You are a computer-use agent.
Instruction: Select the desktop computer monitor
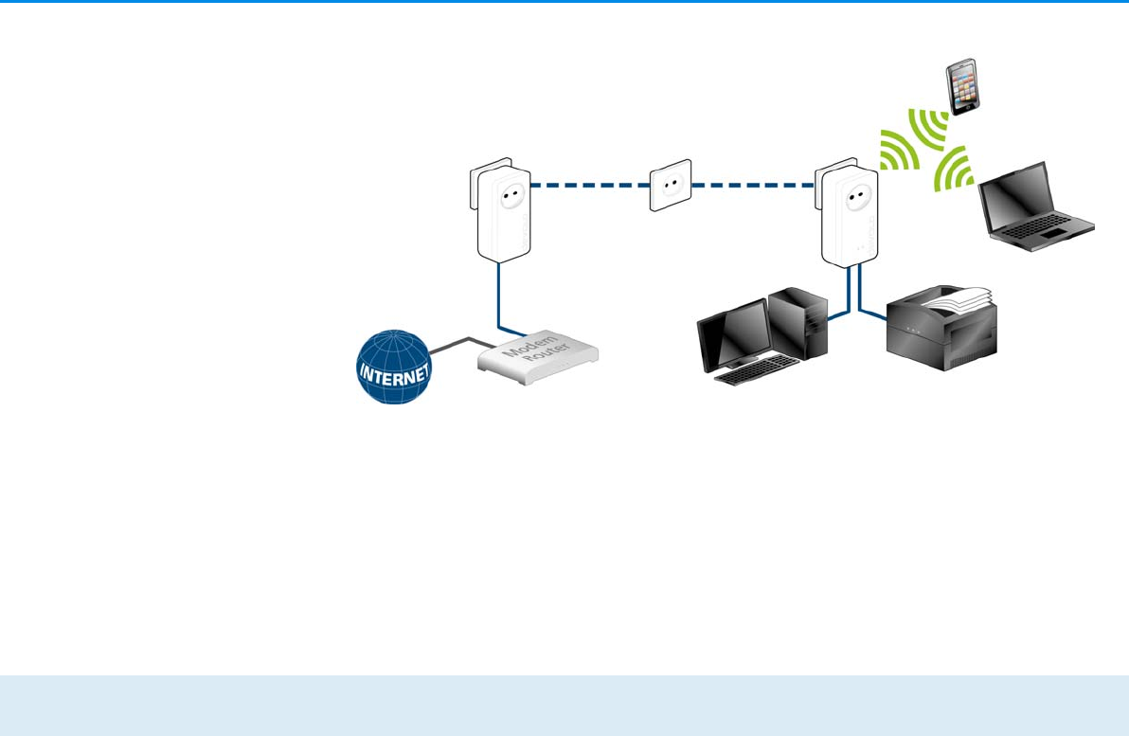pos(732,333)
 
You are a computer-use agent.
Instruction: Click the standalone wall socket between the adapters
pos(670,185)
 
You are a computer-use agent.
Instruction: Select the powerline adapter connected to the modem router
pos(501,213)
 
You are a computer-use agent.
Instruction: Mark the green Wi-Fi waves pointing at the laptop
pos(954,171)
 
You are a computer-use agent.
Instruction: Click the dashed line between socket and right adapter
pos(753,185)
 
